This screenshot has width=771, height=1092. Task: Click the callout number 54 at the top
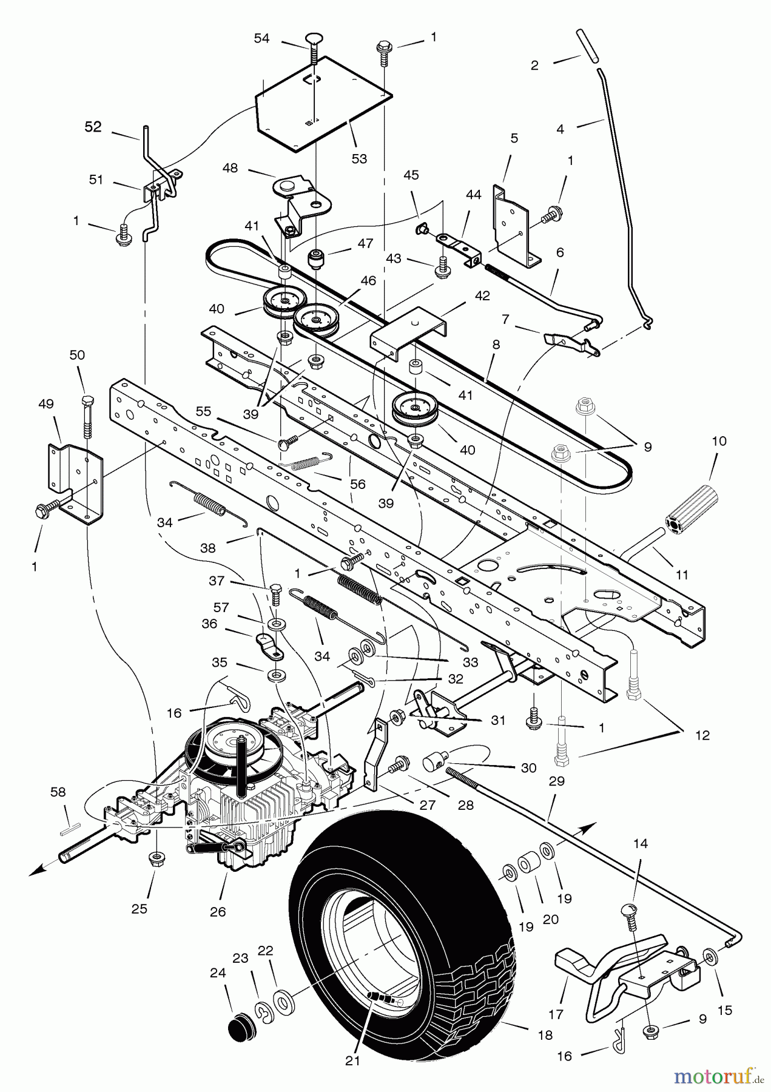click(x=261, y=39)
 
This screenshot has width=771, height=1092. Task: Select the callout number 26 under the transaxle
click(x=217, y=911)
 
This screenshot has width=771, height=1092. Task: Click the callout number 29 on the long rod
click(x=556, y=781)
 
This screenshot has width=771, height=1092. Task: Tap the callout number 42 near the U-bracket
click(x=482, y=297)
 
